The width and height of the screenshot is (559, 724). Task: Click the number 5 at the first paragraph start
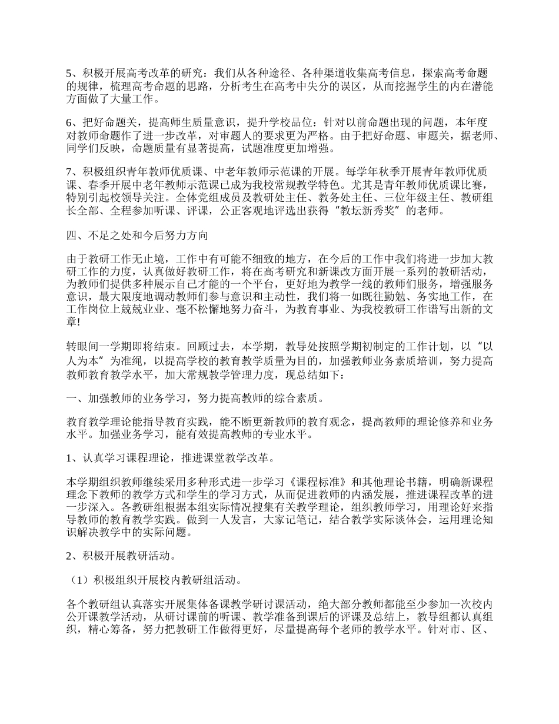tap(68, 74)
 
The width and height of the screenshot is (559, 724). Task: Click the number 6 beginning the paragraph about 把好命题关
tap(68, 123)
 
